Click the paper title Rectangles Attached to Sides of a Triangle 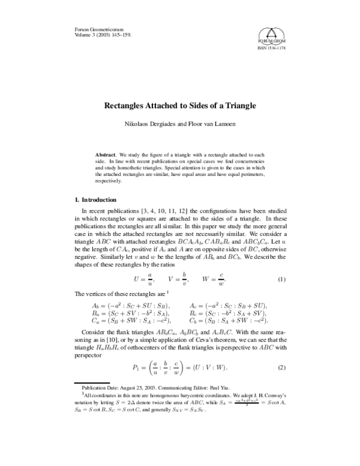180,106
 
